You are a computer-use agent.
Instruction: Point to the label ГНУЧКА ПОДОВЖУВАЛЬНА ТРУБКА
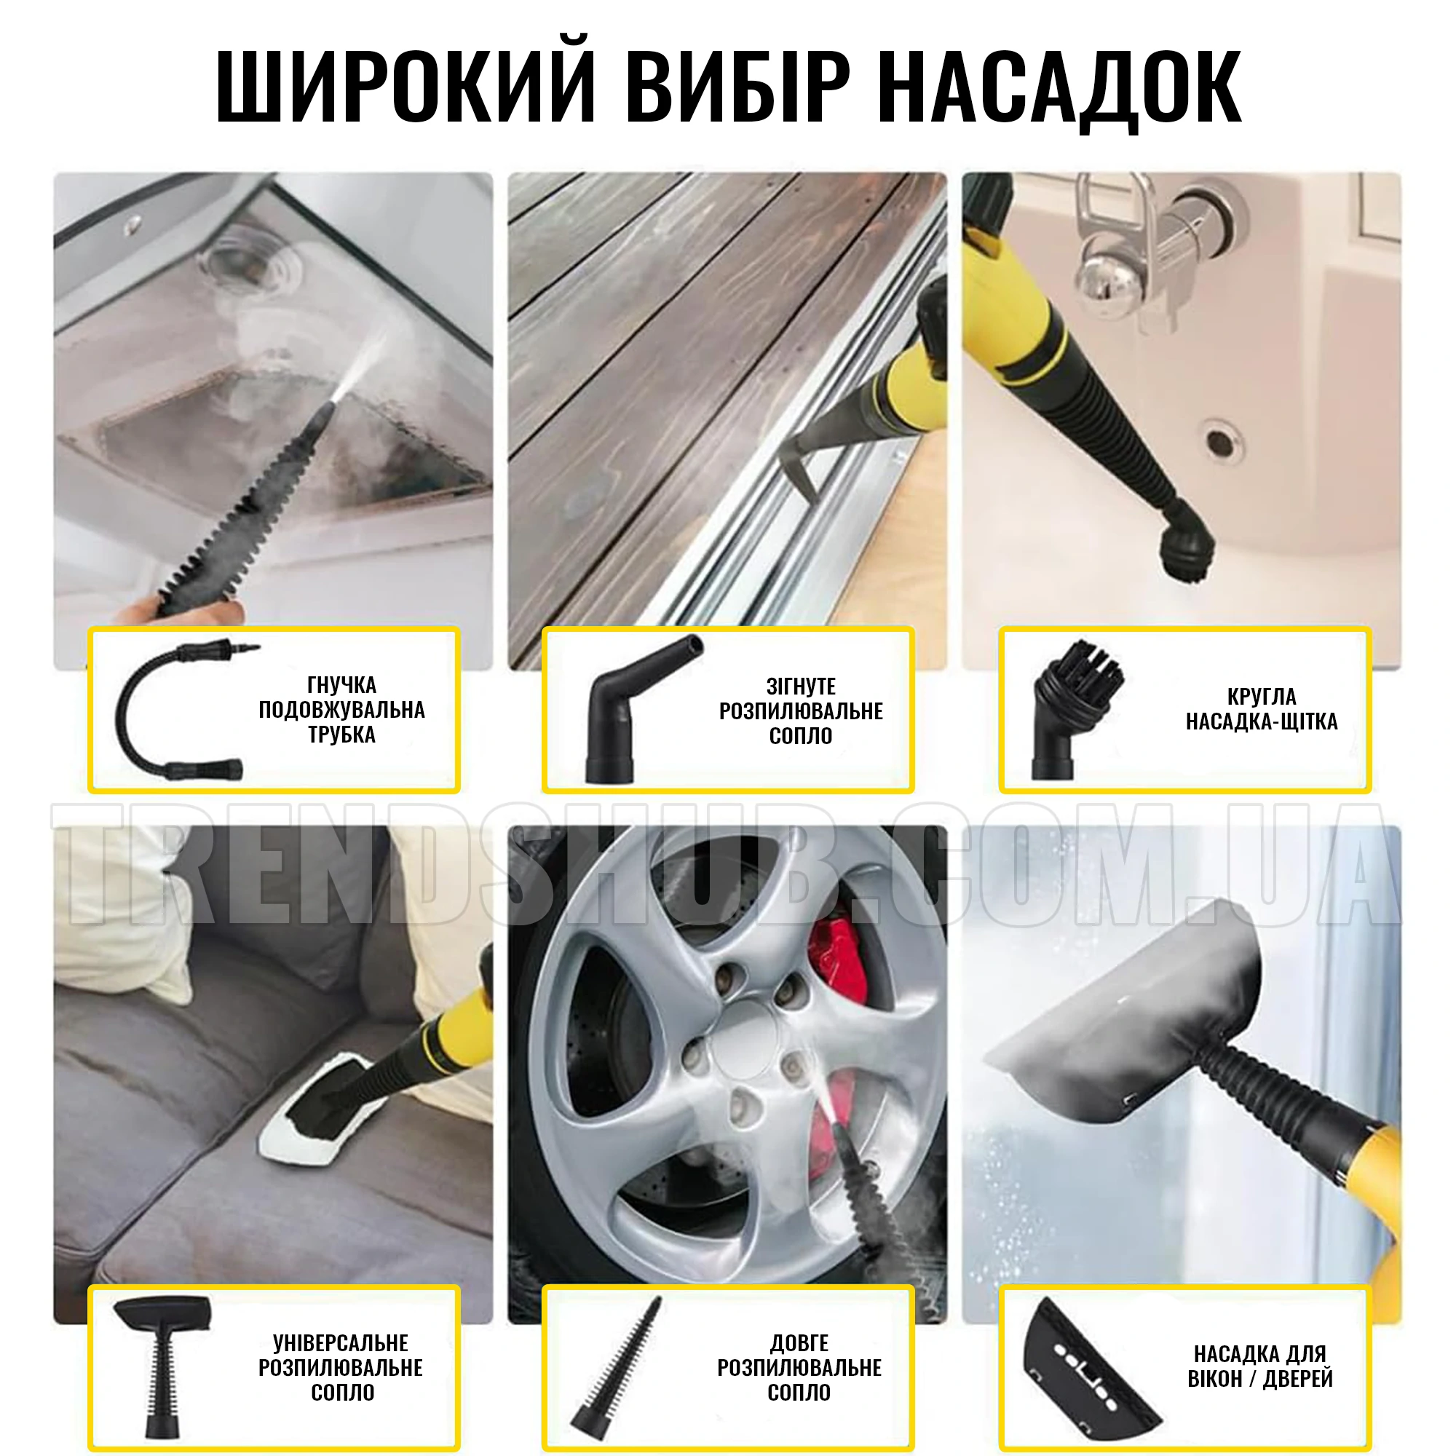[341, 709]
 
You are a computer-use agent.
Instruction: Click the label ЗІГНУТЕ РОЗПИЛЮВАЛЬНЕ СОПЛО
[800, 711]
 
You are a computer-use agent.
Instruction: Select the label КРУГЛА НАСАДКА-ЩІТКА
[1262, 709]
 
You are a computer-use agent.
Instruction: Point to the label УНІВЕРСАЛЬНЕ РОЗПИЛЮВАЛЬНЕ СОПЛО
[341, 1367]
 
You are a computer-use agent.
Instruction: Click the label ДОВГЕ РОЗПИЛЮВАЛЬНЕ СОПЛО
[799, 1367]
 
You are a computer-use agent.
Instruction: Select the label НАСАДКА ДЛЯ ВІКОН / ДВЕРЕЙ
[1260, 1366]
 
